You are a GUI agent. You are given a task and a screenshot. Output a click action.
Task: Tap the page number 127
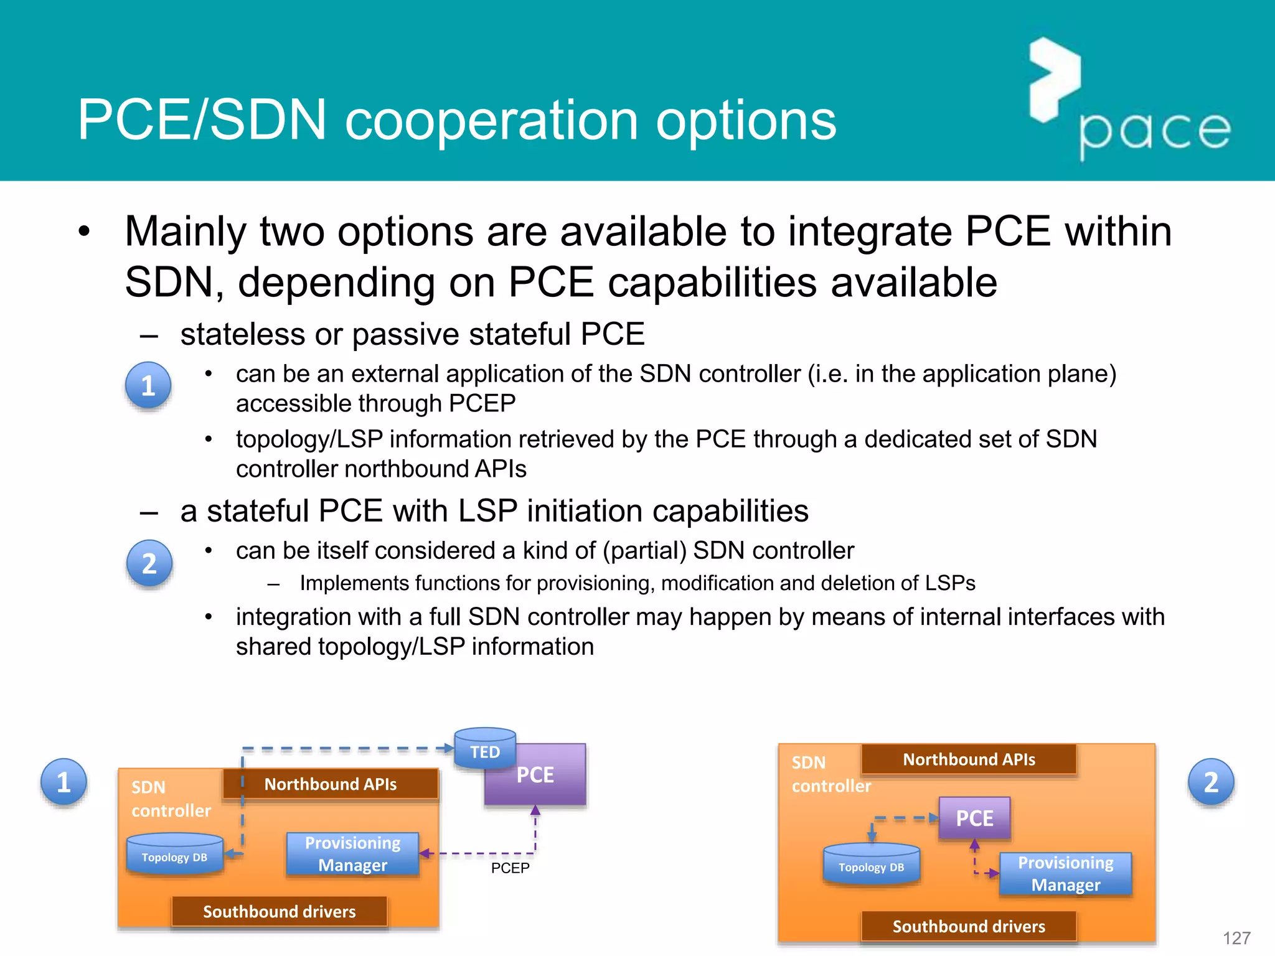(1236, 938)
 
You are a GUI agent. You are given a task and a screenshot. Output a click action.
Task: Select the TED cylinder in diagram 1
(485, 749)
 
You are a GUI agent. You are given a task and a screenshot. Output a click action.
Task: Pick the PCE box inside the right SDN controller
(974, 818)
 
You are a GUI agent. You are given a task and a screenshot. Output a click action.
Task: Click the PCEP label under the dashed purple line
(510, 868)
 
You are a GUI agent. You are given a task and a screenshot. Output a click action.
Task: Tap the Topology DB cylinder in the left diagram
(174, 856)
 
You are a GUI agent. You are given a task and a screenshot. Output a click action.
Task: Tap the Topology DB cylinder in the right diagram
(871, 865)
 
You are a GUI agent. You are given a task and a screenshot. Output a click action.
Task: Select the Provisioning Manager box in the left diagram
(352, 854)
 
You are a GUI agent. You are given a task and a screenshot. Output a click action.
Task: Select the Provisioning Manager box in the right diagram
(1065, 874)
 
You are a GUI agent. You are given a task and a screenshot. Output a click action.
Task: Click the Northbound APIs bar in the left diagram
(331, 784)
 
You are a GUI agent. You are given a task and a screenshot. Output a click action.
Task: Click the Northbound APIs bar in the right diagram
(969, 759)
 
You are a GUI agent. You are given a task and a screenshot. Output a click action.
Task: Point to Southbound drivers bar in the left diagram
(279, 912)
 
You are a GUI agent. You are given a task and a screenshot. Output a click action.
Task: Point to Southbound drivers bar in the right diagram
(969, 926)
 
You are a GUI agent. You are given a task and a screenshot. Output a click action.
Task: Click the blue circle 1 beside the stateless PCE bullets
(148, 385)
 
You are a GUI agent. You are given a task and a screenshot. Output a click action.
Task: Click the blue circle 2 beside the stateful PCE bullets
(149, 563)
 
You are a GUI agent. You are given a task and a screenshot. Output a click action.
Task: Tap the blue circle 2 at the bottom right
(1211, 782)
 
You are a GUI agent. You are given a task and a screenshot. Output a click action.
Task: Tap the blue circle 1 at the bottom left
(64, 782)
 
